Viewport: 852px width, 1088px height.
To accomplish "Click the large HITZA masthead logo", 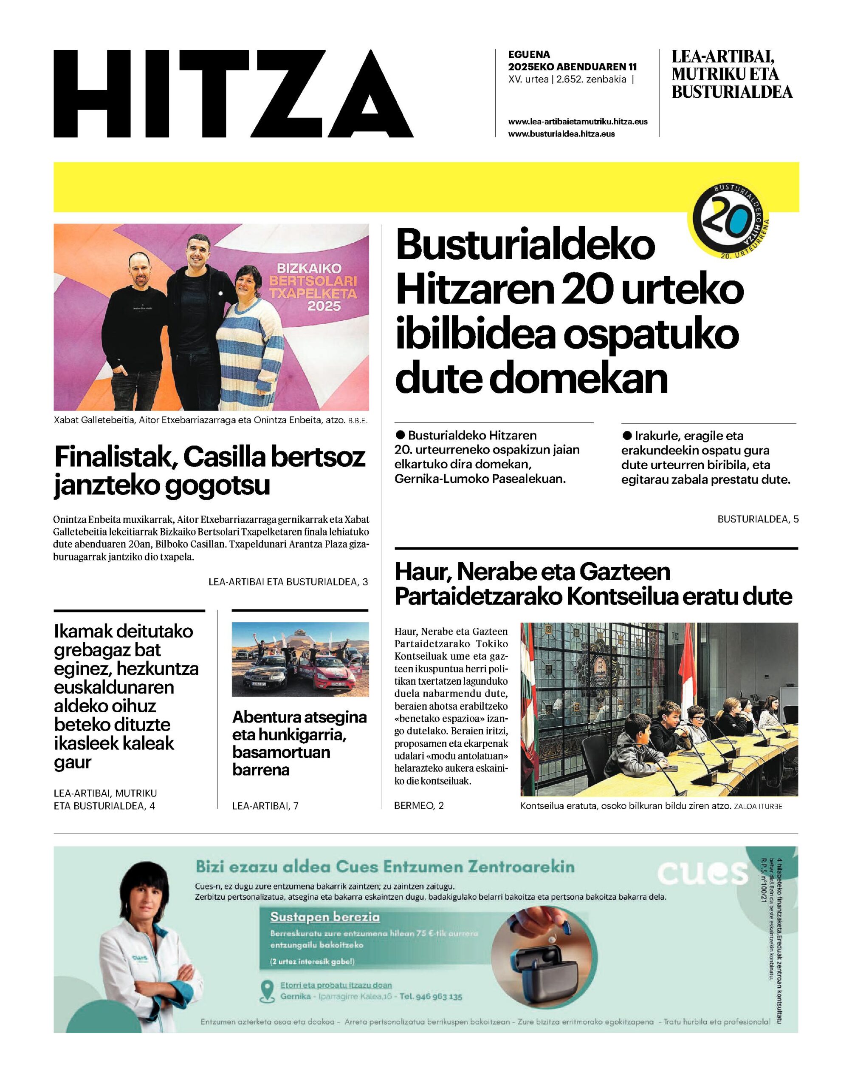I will click(x=234, y=94).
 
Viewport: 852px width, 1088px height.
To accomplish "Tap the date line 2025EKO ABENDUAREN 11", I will click(x=572, y=67).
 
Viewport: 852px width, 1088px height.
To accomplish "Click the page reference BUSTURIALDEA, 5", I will click(x=758, y=519).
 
